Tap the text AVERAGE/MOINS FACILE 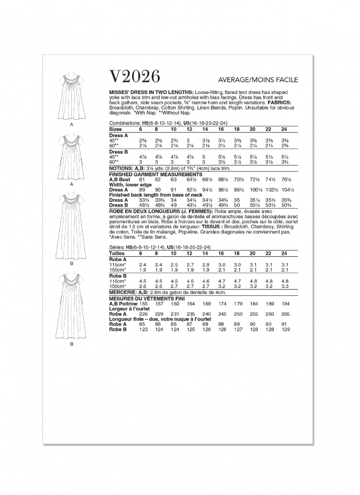coord(258,80)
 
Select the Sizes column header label coord(115,129)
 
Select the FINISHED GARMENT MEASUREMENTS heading coord(151,174)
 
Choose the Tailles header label coord(117,253)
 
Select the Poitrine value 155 coord(143,303)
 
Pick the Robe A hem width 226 coord(143,313)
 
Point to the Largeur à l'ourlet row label coord(129,308)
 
